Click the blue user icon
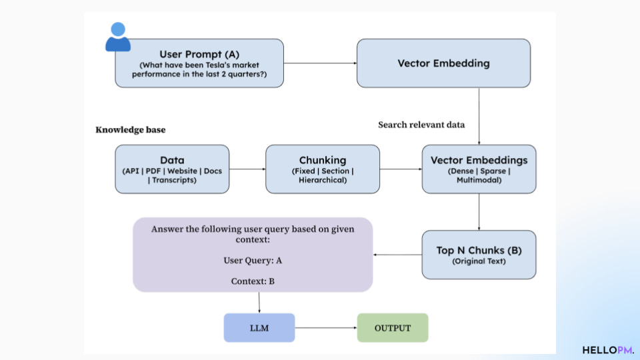pos(118,37)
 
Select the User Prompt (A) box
pos(199,63)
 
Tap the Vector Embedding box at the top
pos(444,63)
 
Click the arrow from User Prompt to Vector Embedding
pos(320,63)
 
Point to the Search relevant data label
pos(421,125)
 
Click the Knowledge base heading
pos(131,130)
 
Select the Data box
pos(172,169)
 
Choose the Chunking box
pos(323,169)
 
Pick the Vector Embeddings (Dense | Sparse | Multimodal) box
pos(479,169)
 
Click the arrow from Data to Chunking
pos(247,169)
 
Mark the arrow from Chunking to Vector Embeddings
pos(401,169)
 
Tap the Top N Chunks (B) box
pos(479,255)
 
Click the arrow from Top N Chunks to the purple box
pos(397,255)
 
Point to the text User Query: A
pos(253,261)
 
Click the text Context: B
pos(253,281)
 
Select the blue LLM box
pos(259,328)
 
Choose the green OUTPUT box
pos(393,328)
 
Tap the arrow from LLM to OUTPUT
pos(326,328)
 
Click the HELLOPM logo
pos(608,350)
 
